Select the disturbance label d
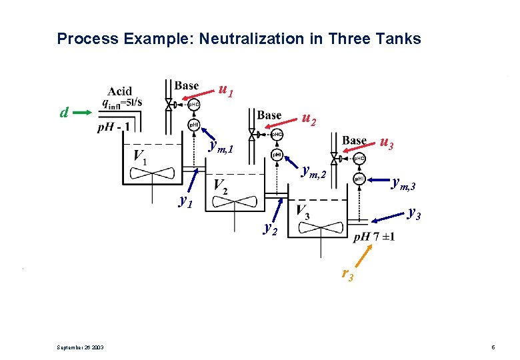pyautogui.click(x=64, y=113)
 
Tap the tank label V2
pyautogui.click(x=221, y=186)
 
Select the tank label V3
pyautogui.click(x=302, y=213)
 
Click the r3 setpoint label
pyautogui.click(x=347, y=273)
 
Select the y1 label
pyautogui.click(x=186, y=201)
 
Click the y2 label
pyautogui.click(x=270, y=229)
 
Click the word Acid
pyautogui.click(x=121, y=91)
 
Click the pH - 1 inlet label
pyautogui.click(x=114, y=127)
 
